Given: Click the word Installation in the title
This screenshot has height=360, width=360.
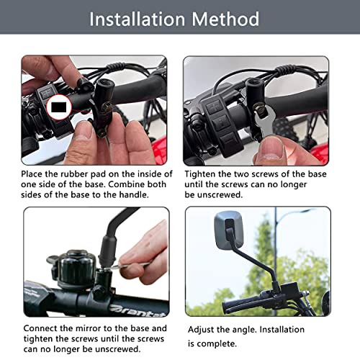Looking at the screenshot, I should coord(138,19).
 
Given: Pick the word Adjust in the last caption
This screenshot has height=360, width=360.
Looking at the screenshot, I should coord(202,329).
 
